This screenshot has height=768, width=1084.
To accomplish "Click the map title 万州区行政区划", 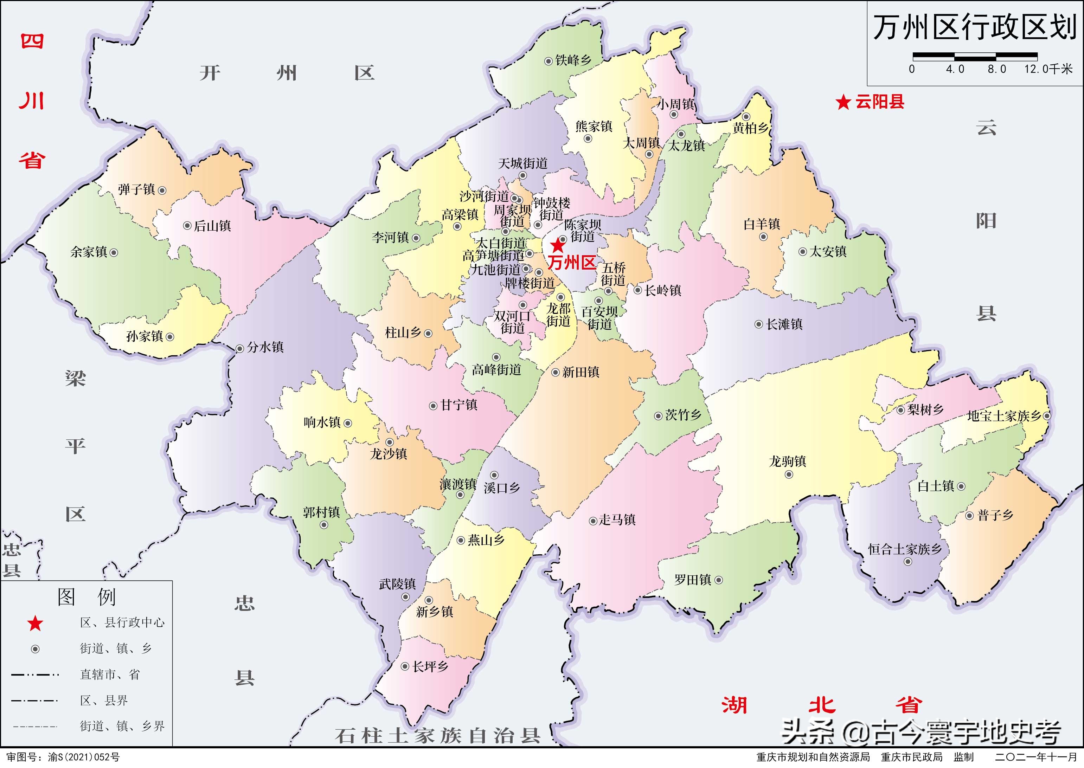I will point(974,27).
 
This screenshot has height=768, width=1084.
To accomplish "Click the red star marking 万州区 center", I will point(558,245).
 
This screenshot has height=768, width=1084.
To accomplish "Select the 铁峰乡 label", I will point(573,60).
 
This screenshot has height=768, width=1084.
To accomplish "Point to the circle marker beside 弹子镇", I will point(162,191).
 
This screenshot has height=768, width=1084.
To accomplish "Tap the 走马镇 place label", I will point(617,520).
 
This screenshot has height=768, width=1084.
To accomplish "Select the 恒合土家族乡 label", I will point(905,549).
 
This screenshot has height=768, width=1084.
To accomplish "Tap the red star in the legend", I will point(35,624).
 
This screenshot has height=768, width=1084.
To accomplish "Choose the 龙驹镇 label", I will point(788,461).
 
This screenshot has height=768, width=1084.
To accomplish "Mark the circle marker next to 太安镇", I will point(803,252).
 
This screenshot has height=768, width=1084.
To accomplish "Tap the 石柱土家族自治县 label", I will point(437,736).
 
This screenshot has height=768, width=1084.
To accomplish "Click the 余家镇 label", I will point(89,252).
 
